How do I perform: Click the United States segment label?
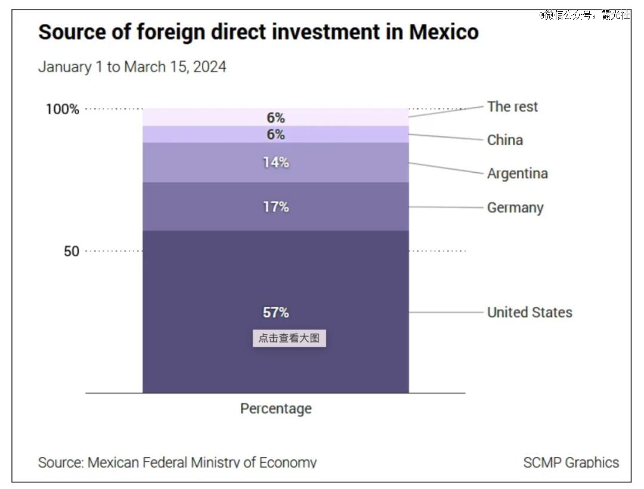tap(530, 312)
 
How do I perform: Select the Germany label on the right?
tap(515, 208)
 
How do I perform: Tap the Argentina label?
tap(517, 173)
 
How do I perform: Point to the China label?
tap(504, 140)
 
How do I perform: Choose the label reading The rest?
tap(512, 107)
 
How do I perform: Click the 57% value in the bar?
tap(275, 313)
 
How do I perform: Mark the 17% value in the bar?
tap(275, 207)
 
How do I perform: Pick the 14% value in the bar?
tap(275, 162)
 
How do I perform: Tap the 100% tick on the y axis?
tap(62, 110)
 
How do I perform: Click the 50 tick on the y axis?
tap(71, 251)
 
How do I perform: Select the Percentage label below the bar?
tap(275, 409)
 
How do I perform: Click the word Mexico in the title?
tap(444, 32)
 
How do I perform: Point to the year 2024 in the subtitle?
tap(209, 67)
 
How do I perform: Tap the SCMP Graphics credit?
tap(571, 462)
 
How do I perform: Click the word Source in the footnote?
tap(60, 462)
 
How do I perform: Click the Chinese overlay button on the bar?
tap(289, 338)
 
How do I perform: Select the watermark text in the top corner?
tap(584, 15)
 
